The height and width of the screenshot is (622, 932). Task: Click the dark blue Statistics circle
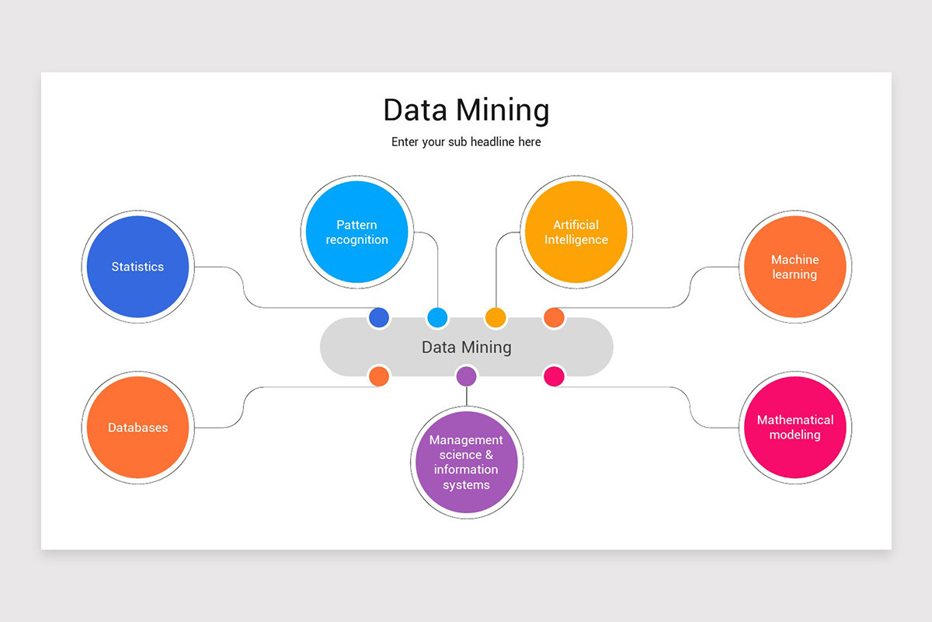[x=137, y=267]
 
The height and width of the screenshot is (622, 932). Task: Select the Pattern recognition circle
[x=356, y=232]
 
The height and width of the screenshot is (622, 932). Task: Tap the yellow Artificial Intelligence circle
[x=576, y=232]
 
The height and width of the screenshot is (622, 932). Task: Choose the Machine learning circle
[x=795, y=267]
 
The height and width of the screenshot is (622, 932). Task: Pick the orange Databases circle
[x=137, y=428]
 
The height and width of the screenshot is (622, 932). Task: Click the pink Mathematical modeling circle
[x=795, y=428]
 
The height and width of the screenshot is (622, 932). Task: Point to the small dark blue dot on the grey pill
[x=378, y=317]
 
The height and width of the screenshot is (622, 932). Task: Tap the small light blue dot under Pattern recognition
[x=437, y=317]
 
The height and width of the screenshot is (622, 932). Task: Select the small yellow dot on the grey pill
[x=496, y=317]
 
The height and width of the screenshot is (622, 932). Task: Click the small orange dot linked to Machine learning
[x=554, y=317]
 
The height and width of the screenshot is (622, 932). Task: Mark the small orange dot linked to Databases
[x=378, y=376]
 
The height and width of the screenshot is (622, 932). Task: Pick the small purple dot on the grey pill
[x=466, y=376]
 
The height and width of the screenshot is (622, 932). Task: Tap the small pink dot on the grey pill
[x=554, y=376]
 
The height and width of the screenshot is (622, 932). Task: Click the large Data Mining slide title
[x=466, y=110]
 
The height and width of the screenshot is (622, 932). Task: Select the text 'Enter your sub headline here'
[x=466, y=142]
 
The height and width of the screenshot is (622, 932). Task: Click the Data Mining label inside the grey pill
[x=466, y=347]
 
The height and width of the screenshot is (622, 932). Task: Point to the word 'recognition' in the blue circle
[x=356, y=240]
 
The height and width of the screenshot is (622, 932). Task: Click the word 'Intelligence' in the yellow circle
[x=576, y=240]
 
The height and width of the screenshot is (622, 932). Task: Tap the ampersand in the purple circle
[x=489, y=455]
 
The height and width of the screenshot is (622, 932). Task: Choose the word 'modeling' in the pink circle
[x=795, y=435]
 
